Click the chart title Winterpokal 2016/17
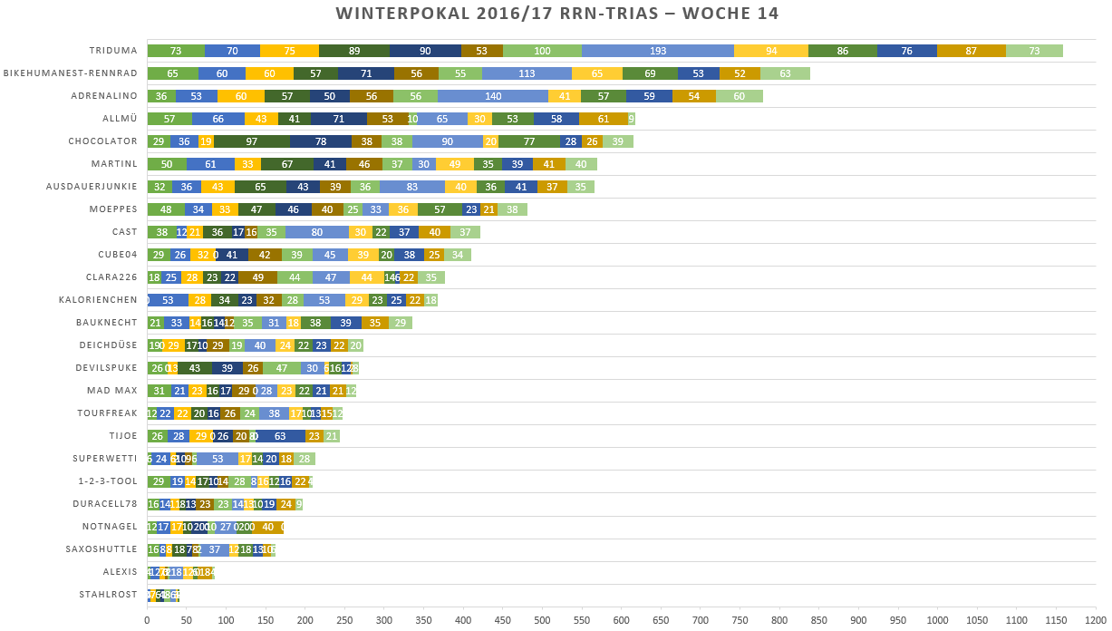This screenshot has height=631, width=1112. click(x=556, y=14)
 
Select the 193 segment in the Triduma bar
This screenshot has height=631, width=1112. click(x=657, y=51)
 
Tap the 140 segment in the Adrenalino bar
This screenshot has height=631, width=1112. click(x=493, y=96)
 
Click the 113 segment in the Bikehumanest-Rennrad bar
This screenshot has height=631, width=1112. click(x=527, y=73)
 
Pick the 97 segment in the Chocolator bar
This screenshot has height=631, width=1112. click(x=251, y=141)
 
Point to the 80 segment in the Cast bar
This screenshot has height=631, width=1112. click(x=317, y=232)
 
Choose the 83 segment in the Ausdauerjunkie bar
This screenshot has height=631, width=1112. click(x=412, y=187)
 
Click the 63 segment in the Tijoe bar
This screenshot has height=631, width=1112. click(x=280, y=436)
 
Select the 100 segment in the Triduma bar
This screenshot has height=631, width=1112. click(x=542, y=51)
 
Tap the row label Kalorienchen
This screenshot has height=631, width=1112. click(x=98, y=300)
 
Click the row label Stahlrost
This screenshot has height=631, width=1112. click(x=108, y=595)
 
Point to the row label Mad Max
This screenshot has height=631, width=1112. click(x=112, y=391)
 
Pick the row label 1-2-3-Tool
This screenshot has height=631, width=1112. click(x=108, y=481)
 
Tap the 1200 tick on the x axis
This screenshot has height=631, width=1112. click(x=1095, y=620)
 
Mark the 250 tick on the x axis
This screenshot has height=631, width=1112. click(x=344, y=620)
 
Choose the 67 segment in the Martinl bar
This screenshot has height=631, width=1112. click(x=286, y=164)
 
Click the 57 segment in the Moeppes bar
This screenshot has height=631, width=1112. click(x=440, y=209)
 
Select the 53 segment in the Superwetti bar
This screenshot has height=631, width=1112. click(x=218, y=459)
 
